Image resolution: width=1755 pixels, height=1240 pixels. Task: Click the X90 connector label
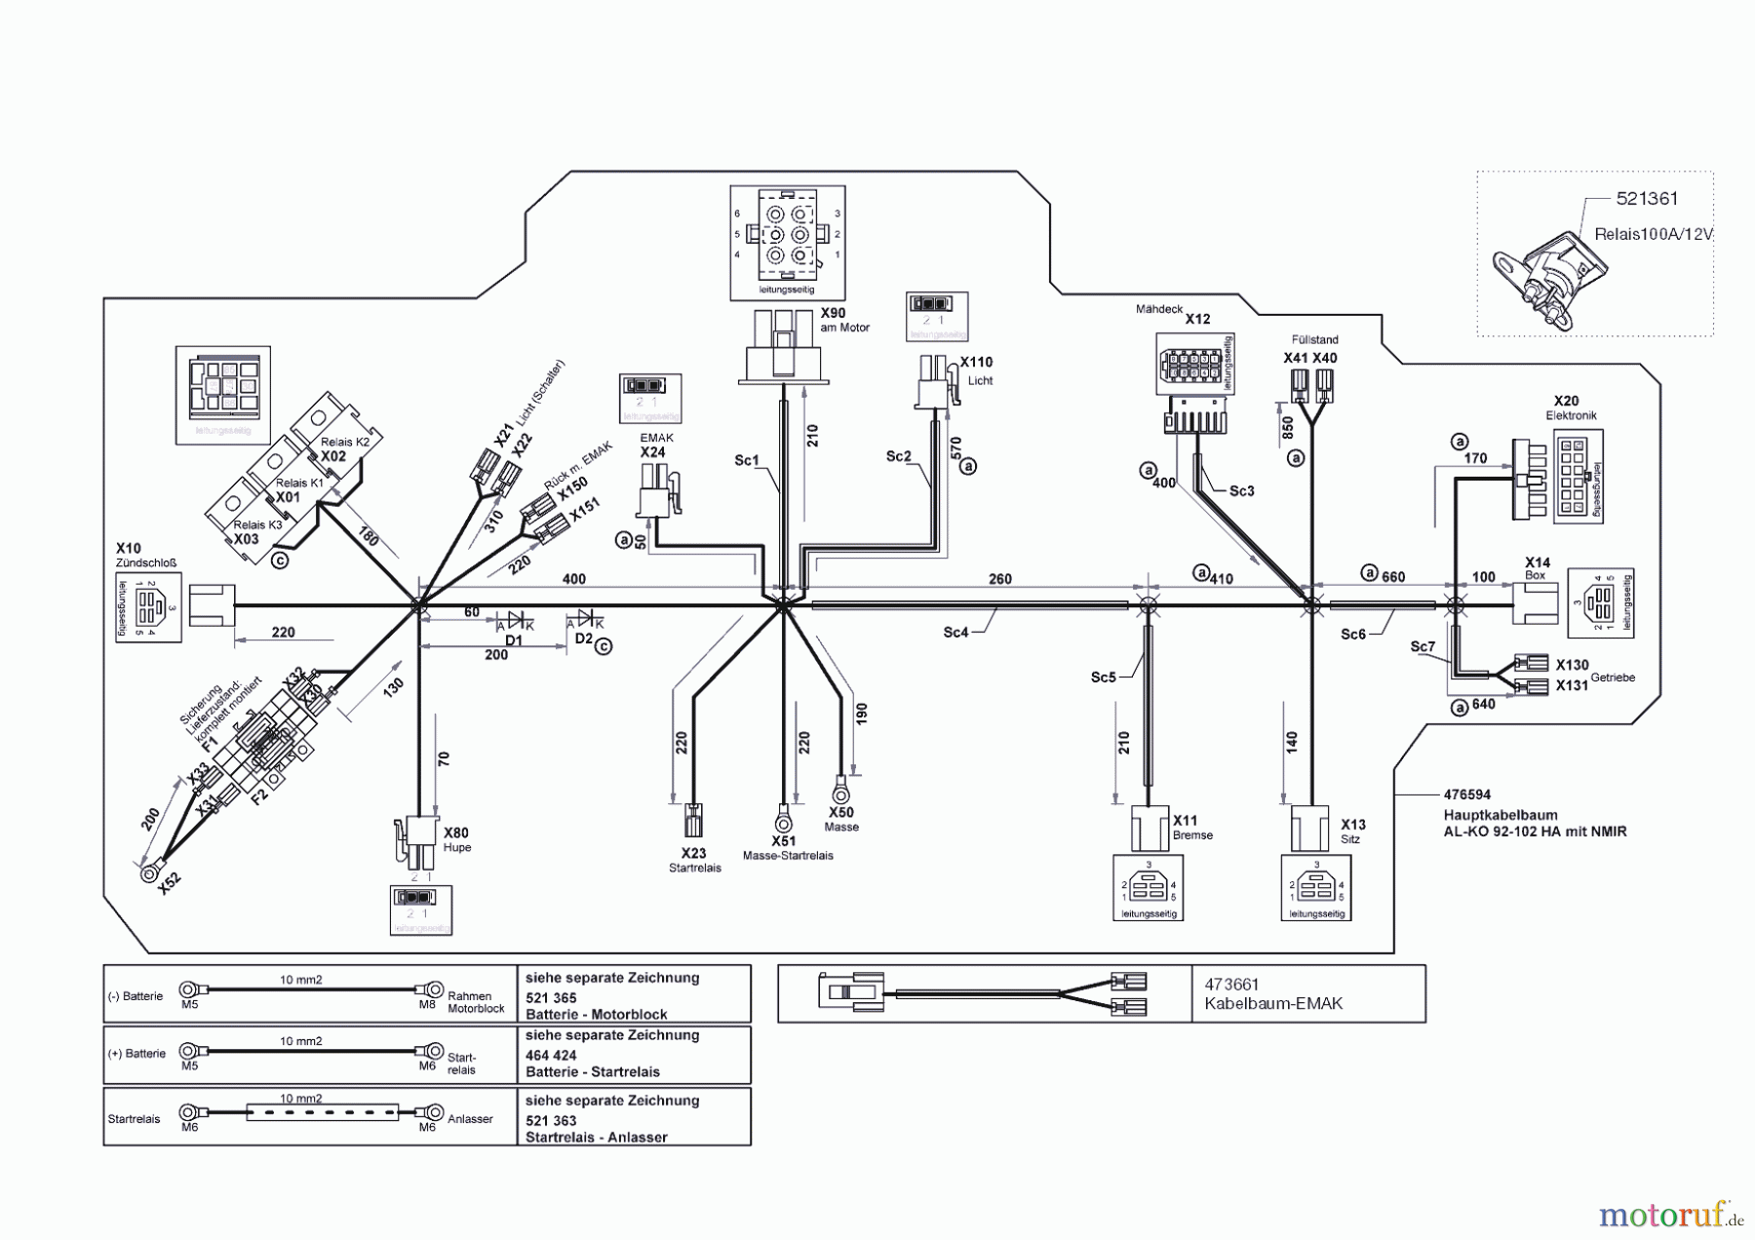click(833, 314)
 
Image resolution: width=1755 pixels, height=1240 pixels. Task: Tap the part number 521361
click(1647, 199)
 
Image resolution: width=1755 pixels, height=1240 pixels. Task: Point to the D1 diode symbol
click(514, 621)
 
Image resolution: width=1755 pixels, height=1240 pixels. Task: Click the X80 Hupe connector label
click(455, 833)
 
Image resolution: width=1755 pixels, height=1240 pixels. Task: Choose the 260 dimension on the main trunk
click(999, 579)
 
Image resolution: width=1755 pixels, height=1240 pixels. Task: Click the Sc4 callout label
click(955, 633)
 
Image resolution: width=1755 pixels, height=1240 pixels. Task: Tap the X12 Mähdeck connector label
click(1197, 319)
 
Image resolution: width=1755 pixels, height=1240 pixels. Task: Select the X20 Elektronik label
click(1566, 402)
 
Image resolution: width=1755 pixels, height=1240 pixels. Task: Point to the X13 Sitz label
click(1352, 826)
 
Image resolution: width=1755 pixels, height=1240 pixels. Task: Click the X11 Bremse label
click(1186, 821)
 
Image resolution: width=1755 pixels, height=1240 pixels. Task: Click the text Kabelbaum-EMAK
click(1273, 1003)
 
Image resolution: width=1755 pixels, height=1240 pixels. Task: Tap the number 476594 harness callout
click(1467, 794)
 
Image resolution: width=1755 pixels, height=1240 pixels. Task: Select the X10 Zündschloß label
click(129, 549)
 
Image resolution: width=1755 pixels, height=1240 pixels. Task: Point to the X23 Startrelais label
click(693, 854)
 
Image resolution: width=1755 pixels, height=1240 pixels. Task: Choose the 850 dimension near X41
click(1287, 428)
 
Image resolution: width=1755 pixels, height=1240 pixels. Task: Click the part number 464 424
click(551, 1055)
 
